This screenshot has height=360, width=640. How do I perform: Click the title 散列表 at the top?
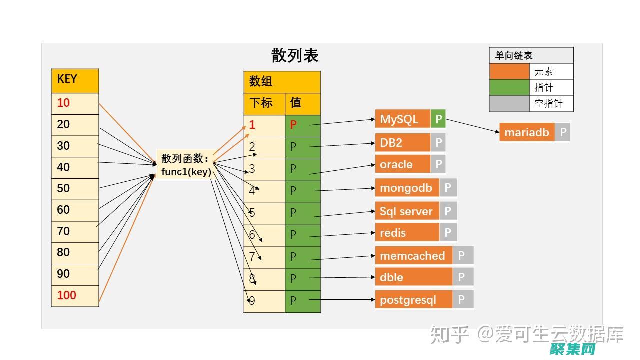pyautogui.click(x=295, y=55)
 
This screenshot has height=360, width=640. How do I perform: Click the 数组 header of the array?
pyautogui.click(x=282, y=82)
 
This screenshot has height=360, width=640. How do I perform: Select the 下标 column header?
pyautogui.click(x=264, y=104)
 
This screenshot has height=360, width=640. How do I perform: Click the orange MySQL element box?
pyautogui.click(x=402, y=119)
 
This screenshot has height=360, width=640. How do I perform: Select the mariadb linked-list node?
pyautogui.click(x=527, y=132)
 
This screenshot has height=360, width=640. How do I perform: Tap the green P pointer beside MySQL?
pyautogui.click(x=438, y=119)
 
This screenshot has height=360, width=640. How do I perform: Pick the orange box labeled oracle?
pyautogui.click(x=402, y=164)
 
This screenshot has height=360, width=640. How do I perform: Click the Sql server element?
pyautogui.click(x=407, y=211)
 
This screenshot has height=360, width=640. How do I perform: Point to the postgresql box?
pyautogui.click(x=413, y=300)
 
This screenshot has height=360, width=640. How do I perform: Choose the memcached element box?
pyautogui.click(x=413, y=256)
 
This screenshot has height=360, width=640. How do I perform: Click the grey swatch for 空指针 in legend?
pyautogui.click(x=509, y=103)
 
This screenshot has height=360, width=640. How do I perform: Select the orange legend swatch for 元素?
pyautogui.click(x=509, y=72)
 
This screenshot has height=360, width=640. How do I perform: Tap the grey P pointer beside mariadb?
pyautogui.click(x=563, y=132)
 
